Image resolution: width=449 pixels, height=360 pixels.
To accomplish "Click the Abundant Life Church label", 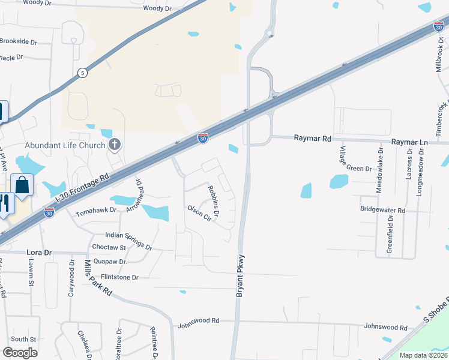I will point(65,145).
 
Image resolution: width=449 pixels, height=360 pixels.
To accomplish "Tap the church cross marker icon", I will point(115,145).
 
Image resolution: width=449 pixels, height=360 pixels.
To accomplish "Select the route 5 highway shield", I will point(82,73).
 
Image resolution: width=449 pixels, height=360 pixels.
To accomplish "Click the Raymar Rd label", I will point(313,138).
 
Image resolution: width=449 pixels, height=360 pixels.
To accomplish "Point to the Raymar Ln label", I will point(409,142).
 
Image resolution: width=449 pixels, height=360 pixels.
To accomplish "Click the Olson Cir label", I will point(200,212).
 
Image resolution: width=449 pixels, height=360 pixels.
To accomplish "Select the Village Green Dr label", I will point(356,159).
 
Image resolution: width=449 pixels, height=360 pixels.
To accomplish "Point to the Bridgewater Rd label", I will point(383,211).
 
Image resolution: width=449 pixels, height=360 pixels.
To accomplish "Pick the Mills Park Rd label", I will point(98,277).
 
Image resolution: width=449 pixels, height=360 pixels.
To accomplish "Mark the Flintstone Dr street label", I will point(119,278).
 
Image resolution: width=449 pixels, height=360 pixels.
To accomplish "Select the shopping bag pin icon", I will point(22,186).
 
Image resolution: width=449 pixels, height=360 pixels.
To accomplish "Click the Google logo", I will point(20,353).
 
